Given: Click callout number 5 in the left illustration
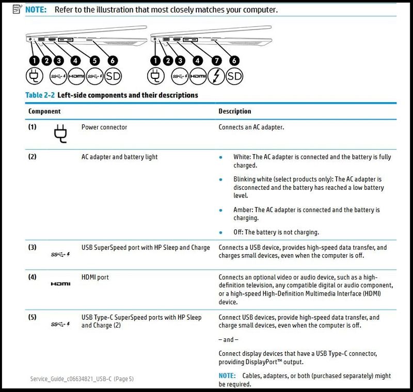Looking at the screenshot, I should (x=94, y=61).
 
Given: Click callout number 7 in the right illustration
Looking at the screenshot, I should (x=216, y=61).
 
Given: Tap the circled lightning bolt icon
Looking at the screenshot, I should (x=216, y=76).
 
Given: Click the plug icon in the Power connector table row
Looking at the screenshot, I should (x=60, y=134).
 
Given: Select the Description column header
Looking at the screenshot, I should (x=235, y=111).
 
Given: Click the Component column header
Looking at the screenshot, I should (x=44, y=111).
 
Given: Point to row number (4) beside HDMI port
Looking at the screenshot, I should (x=33, y=277).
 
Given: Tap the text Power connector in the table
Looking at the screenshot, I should (x=104, y=127).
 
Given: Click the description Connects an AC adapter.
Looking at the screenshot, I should (x=251, y=127).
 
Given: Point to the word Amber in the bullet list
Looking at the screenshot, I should (x=242, y=210).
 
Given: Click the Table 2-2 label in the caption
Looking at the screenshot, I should (x=40, y=95).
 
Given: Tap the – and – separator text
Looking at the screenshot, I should (x=229, y=340).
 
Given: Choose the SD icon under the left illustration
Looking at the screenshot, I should (x=113, y=76).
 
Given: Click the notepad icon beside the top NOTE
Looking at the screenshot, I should (x=18, y=9).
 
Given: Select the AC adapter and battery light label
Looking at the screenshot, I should (x=119, y=157).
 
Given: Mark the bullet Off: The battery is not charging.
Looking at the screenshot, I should (x=276, y=232).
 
